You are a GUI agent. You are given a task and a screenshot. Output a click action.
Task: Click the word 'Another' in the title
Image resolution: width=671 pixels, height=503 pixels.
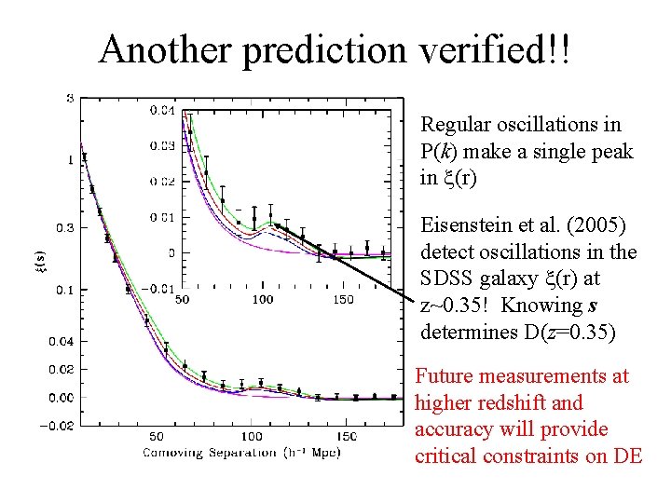tap(166, 49)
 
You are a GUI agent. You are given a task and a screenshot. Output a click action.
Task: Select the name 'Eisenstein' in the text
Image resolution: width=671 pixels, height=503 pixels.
tap(465, 225)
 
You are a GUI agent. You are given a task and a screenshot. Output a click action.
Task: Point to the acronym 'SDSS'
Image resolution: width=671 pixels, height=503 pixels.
tap(450, 279)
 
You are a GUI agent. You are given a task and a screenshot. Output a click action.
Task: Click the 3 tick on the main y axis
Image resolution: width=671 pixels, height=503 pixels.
tap(70, 99)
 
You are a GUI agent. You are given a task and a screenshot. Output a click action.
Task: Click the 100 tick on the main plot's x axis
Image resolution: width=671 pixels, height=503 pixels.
tap(251, 436)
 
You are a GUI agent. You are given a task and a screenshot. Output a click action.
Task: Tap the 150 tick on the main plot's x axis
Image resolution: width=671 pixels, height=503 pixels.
tap(346, 436)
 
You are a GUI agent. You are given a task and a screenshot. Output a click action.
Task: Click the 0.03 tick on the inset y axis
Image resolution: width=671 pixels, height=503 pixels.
tap(163, 145)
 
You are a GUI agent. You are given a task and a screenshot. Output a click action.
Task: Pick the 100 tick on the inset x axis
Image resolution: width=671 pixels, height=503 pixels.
tap(263, 299)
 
